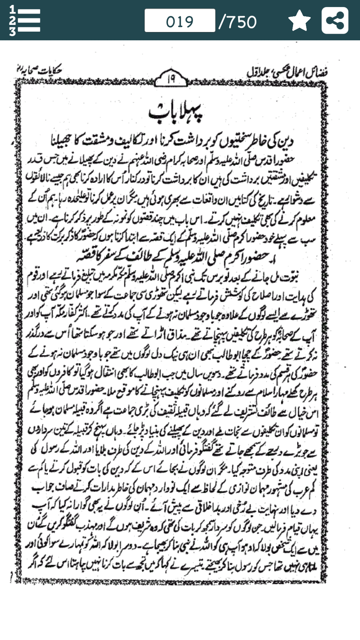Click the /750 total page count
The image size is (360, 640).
pos(238,22)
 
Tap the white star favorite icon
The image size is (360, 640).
pos(299,21)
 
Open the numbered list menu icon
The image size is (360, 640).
pos(25,21)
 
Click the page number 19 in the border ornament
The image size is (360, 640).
pos(171,79)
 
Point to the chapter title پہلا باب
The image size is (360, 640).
pos(176,112)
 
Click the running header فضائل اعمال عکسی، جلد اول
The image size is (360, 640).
pos(287,72)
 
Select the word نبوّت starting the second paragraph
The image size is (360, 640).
pos(289,277)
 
